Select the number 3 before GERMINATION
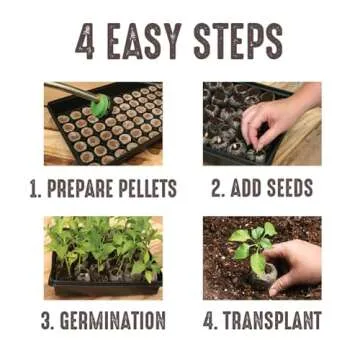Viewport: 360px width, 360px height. (47, 321)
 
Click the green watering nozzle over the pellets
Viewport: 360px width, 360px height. (98, 102)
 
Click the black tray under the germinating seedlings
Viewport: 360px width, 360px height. (100, 287)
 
